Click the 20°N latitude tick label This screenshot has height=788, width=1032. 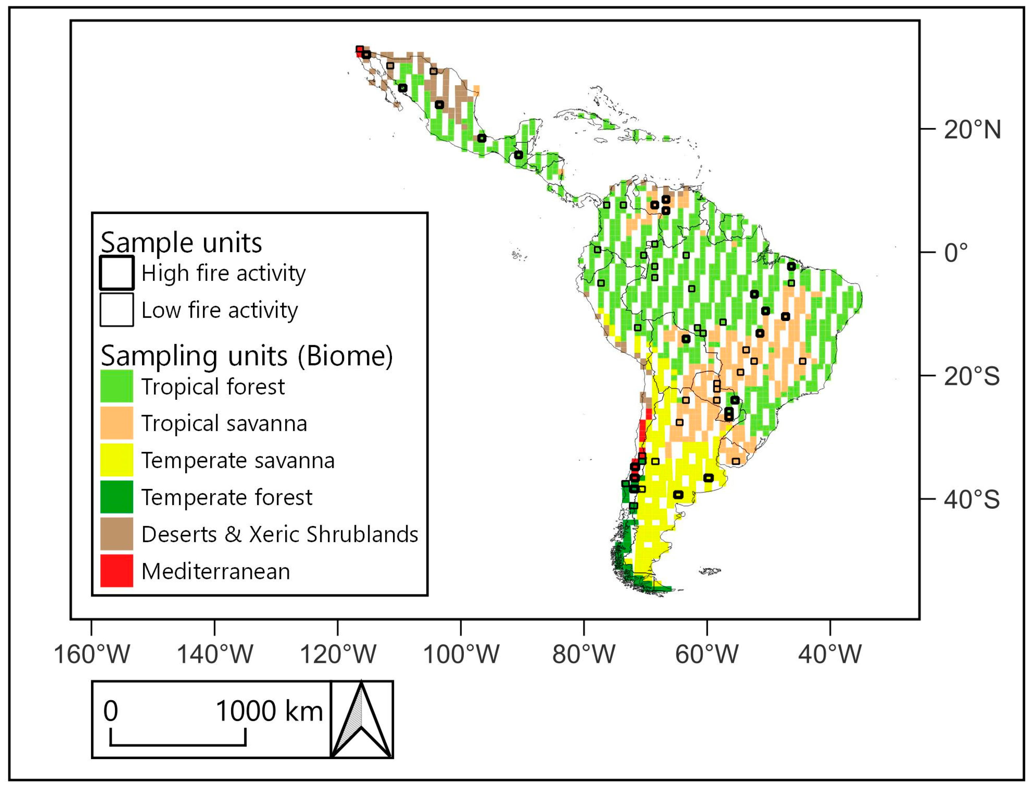pyautogui.click(x=972, y=130)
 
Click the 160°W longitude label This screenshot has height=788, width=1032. pyautogui.click(x=92, y=654)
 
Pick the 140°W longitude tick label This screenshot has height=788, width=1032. pyautogui.click(x=215, y=654)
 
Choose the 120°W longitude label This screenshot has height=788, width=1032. pyautogui.click(x=338, y=654)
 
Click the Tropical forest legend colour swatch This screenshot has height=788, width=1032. pyautogui.click(x=117, y=386)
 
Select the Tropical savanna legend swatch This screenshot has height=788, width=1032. pyautogui.click(x=117, y=423)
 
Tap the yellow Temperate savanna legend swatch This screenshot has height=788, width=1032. pyautogui.click(x=117, y=460)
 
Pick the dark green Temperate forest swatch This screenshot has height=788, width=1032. pyautogui.click(x=117, y=497)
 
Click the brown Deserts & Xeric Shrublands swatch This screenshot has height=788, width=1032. pyautogui.click(x=117, y=534)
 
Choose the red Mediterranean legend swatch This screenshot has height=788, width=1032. pyautogui.click(x=117, y=571)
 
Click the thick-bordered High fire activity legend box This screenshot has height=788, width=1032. pyautogui.click(x=117, y=273)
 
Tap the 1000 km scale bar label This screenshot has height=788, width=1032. pyautogui.click(x=269, y=711)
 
